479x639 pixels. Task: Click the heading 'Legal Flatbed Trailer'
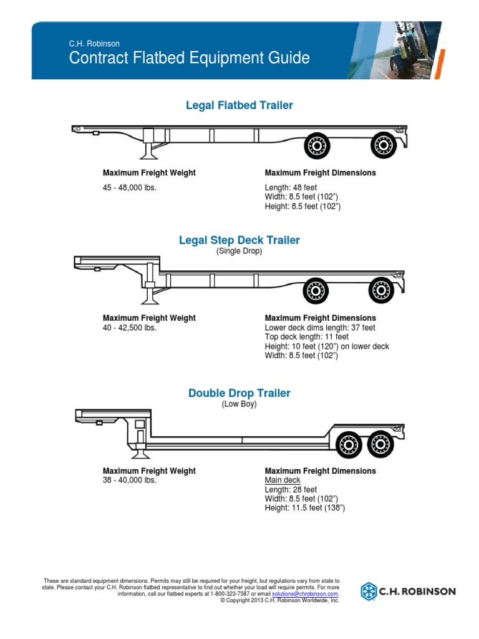pos(239,105)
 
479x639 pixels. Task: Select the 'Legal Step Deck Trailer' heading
pos(239,240)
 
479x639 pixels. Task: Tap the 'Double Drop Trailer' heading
pos(239,393)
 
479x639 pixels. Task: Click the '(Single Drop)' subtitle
pos(239,251)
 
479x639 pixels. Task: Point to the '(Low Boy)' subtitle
pos(239,404)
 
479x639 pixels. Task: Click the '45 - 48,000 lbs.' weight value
pos(129,187)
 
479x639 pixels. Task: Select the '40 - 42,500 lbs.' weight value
pos(129,328)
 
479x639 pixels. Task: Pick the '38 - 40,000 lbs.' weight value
pos(129,480)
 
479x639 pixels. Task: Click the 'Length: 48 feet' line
pos(291,187)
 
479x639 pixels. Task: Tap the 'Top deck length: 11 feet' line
pos(307,337)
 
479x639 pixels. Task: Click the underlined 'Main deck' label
pos(283,480)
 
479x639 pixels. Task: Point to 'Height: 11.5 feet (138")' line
pos(305,508)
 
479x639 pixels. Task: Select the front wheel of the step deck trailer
pos(316,290)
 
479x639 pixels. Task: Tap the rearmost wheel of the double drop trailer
pos(380,444)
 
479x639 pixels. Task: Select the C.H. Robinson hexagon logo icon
pos(370,591)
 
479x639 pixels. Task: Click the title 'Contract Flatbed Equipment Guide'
pos(189,59)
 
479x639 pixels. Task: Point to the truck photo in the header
pos(412,50)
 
